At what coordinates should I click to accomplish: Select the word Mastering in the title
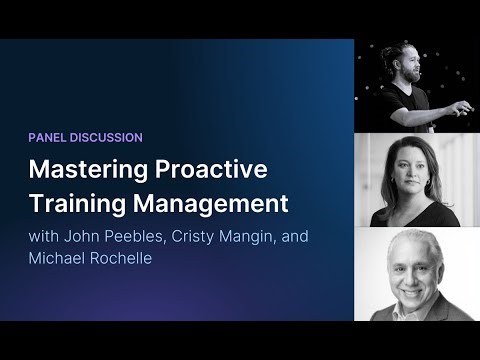tap(85, 170)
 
